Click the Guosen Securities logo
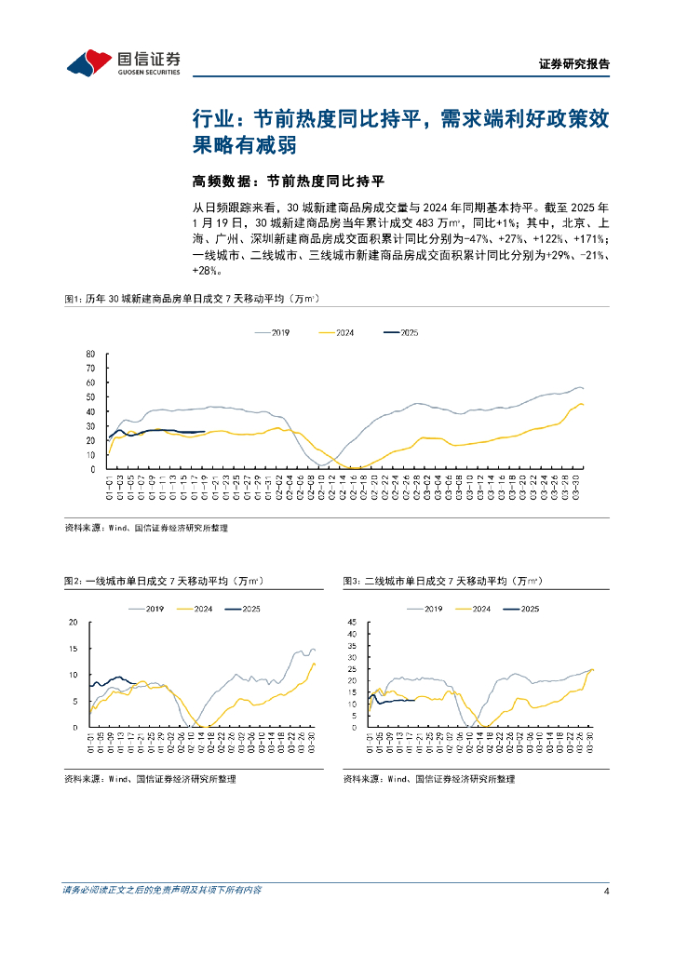click(x=124, y=62)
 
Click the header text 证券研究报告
click(x=574, y=64)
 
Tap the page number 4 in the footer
click(x=606, y=891)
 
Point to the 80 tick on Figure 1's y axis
click(x=89, y=354)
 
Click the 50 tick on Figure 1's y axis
click(x=89, y=397)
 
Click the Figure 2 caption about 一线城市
click(x=163, y=582)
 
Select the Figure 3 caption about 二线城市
click(x=442, y=582)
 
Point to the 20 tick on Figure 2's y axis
click(x=74, y=622)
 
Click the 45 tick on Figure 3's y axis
click(x=352, y=622)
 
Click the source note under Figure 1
click(x=146, y=528)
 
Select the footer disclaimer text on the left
click(x=161, y=891)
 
